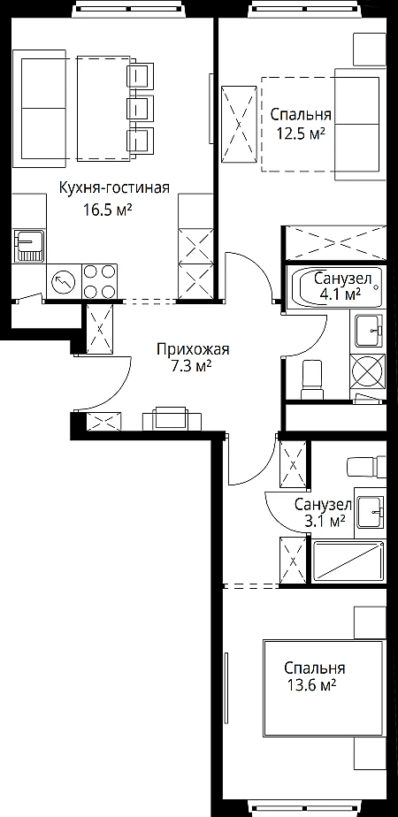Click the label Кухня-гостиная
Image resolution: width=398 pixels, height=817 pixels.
point(114,188)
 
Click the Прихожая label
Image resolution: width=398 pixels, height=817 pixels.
point(193,349)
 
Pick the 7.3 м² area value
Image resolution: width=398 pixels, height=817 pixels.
point(193,367)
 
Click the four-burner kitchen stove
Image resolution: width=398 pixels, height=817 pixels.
point(99,281)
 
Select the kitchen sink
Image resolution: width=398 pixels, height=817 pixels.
point(30,246)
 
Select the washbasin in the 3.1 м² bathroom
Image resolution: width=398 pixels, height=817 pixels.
point(371,512)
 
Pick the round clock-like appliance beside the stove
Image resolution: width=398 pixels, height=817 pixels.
point(64,282)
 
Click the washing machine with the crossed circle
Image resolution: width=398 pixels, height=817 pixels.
point(367,372)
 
